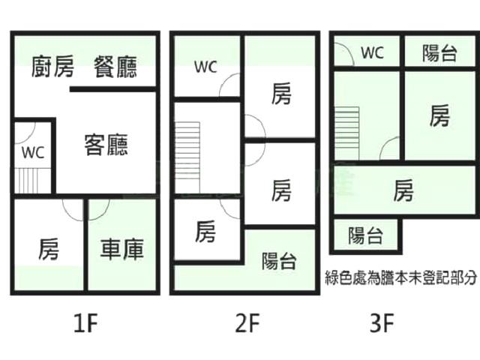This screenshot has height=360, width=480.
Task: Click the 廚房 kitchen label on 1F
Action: click(53, 68)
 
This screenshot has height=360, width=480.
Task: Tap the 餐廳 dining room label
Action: click(115, 68)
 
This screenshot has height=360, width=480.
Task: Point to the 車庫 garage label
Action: click(122, 249)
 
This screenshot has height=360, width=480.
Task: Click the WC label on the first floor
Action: click(33, 152)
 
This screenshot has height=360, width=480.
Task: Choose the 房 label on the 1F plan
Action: click(49, 249)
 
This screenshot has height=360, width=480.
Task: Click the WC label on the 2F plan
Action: click(205, 67)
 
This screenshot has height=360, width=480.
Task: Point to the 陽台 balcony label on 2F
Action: click(279, 261)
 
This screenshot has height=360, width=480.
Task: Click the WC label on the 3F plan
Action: click(372, 52)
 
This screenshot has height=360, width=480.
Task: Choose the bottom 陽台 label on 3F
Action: click(366, 236)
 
